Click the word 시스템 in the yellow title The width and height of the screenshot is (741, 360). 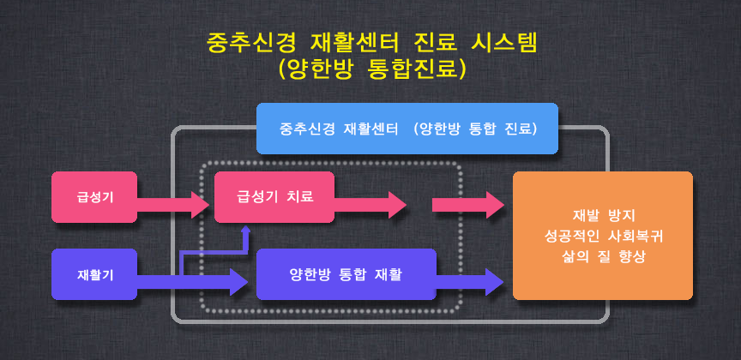pyautogui.click(x=504, y=44)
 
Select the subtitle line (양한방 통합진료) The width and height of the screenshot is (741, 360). pyautogui.click(x=372, y=69)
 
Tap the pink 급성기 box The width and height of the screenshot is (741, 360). pyautogui.click(x=94, y=197)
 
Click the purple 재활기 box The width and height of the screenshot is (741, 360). pyautogui.click(x=94, y=274)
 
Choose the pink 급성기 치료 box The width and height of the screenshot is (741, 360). pyautogui.click(x=274, y=197)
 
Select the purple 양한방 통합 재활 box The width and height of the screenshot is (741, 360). pyautogui.click(x=346, y=274)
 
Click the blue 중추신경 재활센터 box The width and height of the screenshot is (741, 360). pyautogui.click(x=407, y=129)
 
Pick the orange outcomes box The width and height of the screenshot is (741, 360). pyautogui.click(x=603, y=235)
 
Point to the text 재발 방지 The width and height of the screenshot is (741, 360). pyautogui.click(x=604, y=215)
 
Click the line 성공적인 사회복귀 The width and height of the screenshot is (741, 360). pyautogui.click(x=604, y=237)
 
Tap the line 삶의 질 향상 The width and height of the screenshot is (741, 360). pyautogui.click(x=604, y=257)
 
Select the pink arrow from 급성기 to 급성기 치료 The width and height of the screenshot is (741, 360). pyautogui.click(x=173, y=205)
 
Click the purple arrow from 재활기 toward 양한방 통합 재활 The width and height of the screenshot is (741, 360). pyautogui.click(x=192, y=282)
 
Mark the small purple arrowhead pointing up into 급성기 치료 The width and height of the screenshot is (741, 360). pyautogui.click(x=245, y=230)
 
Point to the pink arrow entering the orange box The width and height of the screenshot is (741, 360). pyautogui.click(x=468, y=205)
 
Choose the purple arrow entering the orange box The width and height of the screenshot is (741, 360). pyautogui.click(x=470, y=282)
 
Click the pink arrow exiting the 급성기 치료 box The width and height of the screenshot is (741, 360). pyautogui.click(x=370, y=205)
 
